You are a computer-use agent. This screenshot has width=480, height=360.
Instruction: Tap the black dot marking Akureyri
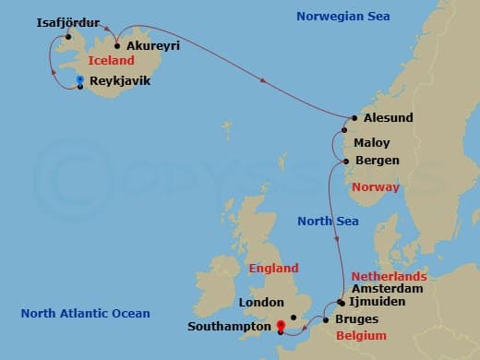118,44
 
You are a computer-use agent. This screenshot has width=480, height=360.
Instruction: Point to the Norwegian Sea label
342,17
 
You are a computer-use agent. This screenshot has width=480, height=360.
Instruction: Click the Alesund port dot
354,118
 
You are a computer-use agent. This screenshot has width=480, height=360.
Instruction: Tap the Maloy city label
373,143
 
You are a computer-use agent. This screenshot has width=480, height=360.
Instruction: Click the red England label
274,269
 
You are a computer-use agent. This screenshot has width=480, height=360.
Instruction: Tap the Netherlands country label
389,276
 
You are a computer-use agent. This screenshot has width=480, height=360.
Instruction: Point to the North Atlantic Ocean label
85,314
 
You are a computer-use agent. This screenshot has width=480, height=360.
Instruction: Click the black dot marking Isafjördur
67,37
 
